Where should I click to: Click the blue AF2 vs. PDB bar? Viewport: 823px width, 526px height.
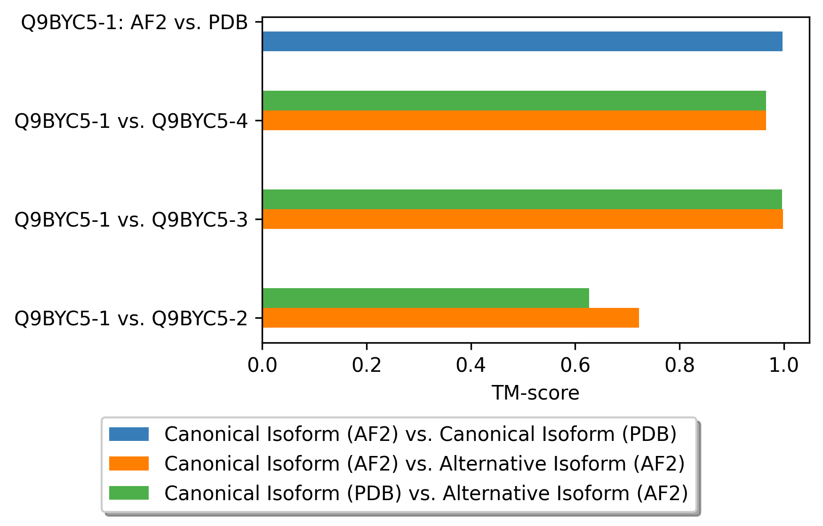(522, 41)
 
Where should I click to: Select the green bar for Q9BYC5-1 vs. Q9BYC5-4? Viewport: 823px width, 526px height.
(514, 101)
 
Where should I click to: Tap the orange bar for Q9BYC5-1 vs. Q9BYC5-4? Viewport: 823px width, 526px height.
(514, 120)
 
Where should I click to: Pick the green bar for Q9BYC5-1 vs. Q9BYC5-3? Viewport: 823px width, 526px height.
(522, 199)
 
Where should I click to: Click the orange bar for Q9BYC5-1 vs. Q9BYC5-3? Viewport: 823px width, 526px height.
(522, 219)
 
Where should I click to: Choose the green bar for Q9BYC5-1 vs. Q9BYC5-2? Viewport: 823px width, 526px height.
(425, 298)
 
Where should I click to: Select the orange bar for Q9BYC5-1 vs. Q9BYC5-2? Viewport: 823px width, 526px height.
(450, 318)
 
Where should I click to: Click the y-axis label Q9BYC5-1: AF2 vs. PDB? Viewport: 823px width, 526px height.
(135, 23)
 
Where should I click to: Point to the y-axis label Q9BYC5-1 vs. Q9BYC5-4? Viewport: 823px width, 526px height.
(131, 121)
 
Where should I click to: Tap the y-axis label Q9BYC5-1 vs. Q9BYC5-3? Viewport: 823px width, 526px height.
(131, 220)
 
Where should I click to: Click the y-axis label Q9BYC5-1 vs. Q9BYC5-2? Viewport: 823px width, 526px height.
(131, 319)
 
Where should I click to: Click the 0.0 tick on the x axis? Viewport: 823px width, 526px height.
(263, 365)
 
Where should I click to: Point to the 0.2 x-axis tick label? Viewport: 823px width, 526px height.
(367, 365)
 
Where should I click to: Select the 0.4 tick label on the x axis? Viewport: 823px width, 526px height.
(471, 365)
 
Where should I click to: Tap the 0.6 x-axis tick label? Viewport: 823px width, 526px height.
(575, 365)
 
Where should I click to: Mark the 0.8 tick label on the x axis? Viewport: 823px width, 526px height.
(679, 365)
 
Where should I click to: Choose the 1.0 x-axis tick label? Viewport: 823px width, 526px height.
(783, 365)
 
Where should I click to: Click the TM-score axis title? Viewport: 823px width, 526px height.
(535, 393)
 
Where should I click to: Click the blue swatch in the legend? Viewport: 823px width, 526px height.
(129, 434)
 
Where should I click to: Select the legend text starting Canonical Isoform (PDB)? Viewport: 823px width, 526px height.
(426, 493)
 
